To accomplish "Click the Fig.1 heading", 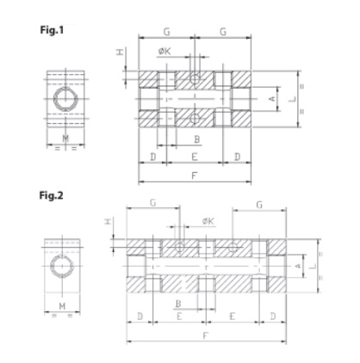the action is coord(52,30).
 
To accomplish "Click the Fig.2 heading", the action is coord(51,195).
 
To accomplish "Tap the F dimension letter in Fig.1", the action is coord(195,175).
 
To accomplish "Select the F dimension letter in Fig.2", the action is coord(205,335).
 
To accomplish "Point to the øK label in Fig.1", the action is coord(164,51).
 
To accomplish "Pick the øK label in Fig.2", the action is coord(208,221).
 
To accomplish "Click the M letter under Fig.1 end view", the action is coord(65,138).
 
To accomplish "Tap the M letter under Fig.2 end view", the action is coord(62,306).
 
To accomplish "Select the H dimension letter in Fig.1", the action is coord(120,52).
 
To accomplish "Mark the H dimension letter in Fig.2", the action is coord(108,221).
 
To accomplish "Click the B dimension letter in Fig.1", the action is coord(197,139).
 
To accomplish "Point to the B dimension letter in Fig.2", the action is coord(178,304).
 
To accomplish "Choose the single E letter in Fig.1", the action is coord(195,157).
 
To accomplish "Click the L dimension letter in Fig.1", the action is coord(293,99).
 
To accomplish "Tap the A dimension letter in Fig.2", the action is coord(298,266).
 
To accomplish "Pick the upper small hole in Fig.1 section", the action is coord(195,78).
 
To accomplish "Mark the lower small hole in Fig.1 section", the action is coord(195,118).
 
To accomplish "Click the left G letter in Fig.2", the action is coord(153,203).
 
